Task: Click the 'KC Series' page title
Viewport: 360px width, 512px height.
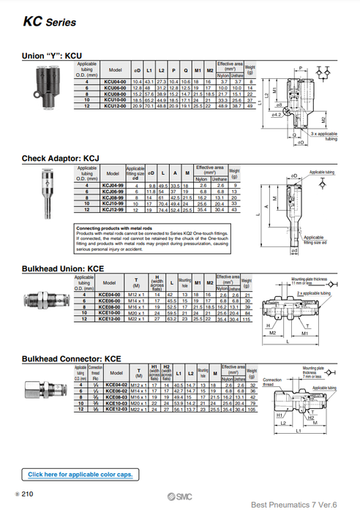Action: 50,22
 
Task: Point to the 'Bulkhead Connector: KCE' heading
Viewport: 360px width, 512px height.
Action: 71,359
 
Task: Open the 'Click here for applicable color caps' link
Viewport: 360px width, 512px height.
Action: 80,475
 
